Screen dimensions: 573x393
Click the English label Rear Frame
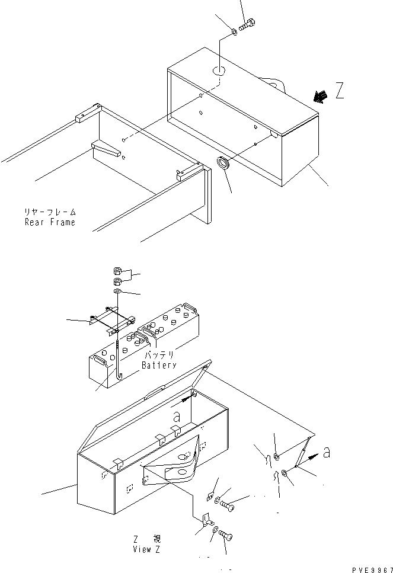[50, 222]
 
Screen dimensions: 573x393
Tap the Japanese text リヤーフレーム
[50, 212]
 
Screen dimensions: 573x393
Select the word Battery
[158, 366]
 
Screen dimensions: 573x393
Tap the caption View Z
[146, 549]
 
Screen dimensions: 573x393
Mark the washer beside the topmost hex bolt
[234, 31]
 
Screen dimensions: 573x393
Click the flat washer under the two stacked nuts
[117, 292]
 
